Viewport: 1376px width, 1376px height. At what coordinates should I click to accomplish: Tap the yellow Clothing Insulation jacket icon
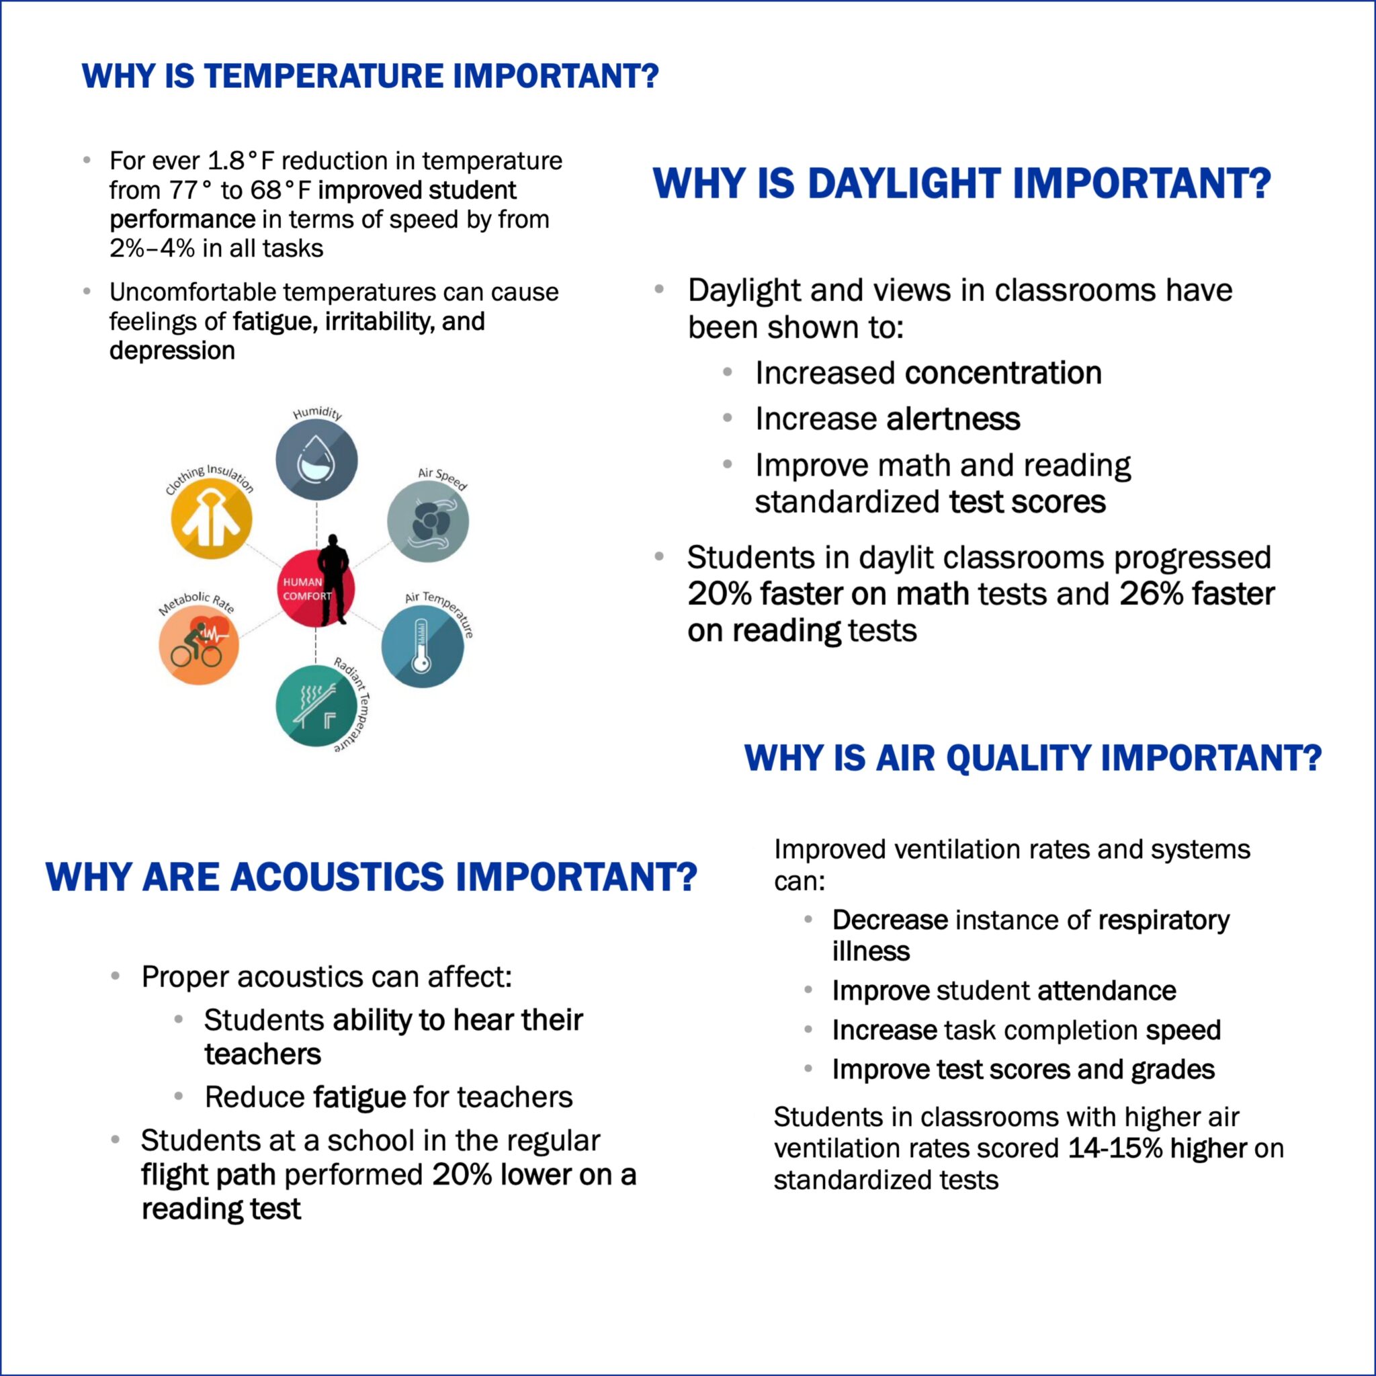click(212, 518)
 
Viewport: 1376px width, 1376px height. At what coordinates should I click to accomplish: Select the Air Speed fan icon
click(427, 521)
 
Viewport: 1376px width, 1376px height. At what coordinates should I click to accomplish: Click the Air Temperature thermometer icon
click(423, 647)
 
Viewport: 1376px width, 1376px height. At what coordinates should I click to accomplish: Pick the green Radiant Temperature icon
click(316, 706)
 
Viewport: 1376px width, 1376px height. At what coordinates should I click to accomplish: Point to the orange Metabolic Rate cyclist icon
click(199, 644)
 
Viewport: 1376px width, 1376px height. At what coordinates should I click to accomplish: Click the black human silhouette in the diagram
click(334, 579)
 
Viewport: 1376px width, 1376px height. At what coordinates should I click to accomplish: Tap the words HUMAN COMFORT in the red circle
click(307, 589)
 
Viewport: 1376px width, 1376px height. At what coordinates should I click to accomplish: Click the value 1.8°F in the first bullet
click(241, 161)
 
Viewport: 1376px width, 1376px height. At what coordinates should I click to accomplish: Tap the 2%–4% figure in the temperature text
click(142, 249)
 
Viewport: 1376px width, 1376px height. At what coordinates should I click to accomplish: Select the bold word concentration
click(1004, 373)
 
